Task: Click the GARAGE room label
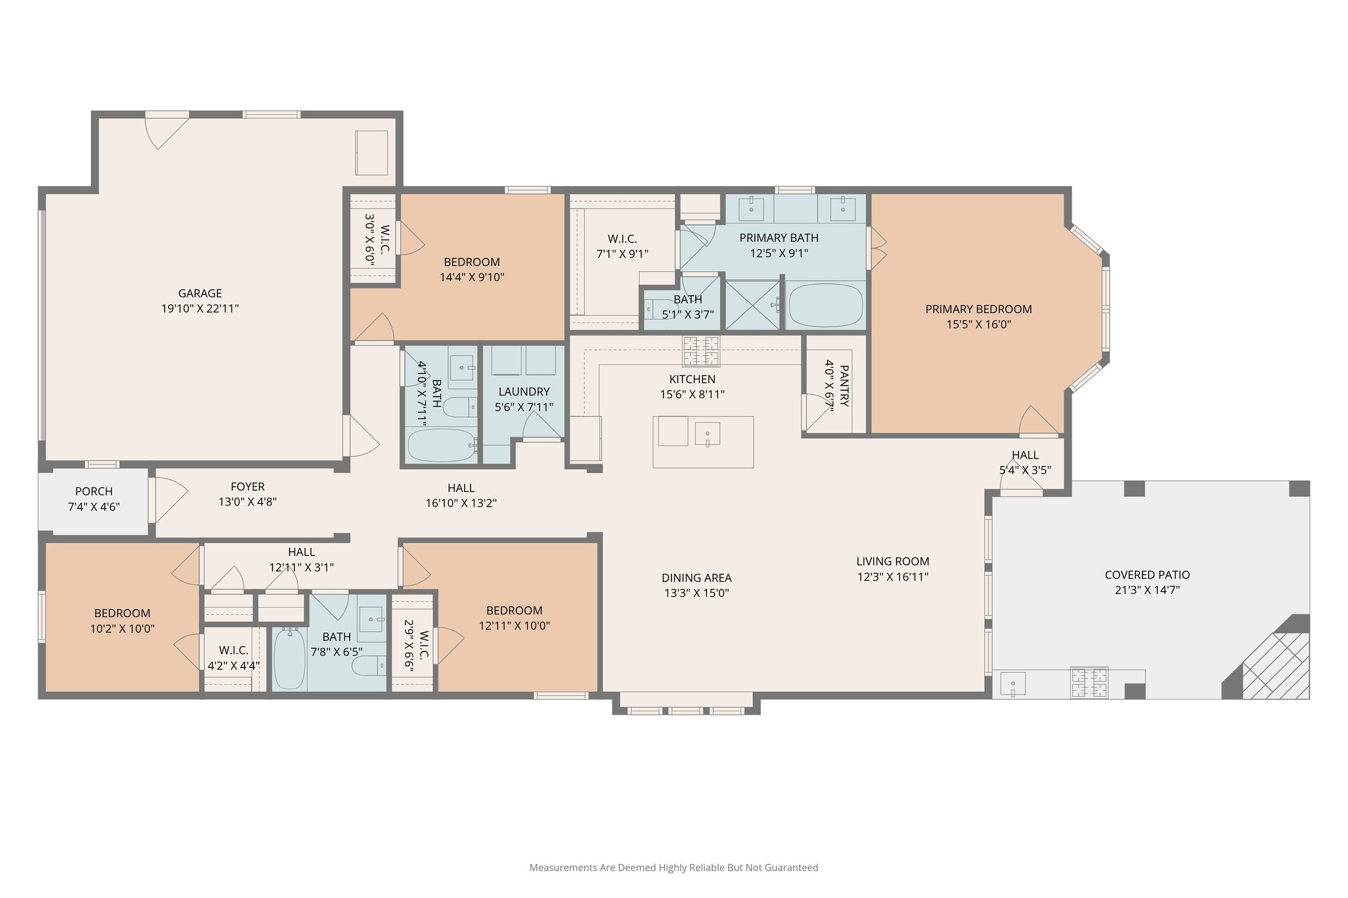200,293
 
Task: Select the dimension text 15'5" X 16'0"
978,324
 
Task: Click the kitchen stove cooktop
701,351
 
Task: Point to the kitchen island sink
708,434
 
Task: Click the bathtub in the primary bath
825,306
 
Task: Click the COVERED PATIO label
1147,575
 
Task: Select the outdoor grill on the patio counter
1089,682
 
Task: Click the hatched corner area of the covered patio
1276,666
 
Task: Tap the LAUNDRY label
524,391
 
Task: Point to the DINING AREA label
696,578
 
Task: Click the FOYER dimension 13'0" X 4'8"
247,502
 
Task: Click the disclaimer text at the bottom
673,868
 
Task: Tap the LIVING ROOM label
893,561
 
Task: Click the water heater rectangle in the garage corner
371,153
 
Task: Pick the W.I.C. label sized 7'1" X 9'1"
622,239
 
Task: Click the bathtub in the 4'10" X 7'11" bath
440,445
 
